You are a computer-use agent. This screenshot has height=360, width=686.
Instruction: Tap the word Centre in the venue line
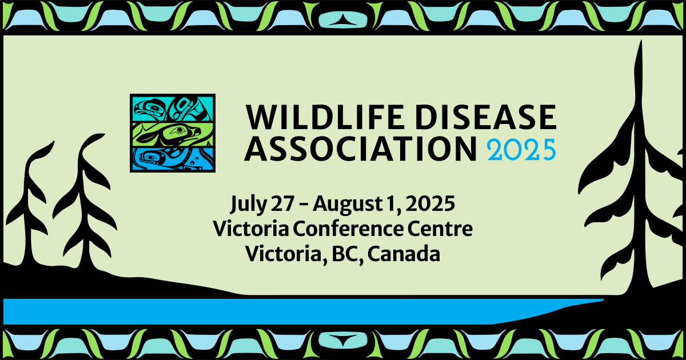point(441,229)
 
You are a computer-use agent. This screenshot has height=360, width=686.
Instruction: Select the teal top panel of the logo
point(173,108)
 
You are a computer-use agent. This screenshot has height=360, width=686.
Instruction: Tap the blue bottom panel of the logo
point(173,159)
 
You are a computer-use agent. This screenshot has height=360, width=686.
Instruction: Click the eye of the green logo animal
point(180,131)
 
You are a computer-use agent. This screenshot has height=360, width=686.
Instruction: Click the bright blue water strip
point(286,311)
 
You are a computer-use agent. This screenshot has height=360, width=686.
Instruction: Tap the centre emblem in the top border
point(342,18)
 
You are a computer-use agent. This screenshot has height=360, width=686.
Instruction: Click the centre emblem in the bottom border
point(342,342)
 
